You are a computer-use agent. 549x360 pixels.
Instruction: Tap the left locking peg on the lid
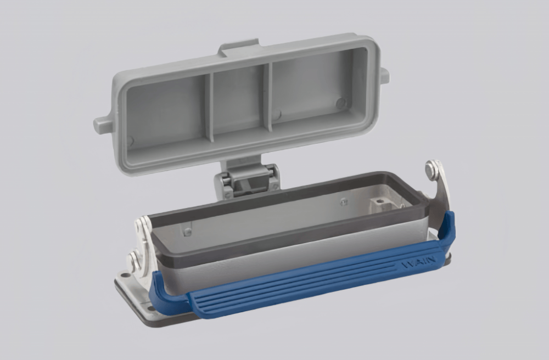point(102,125)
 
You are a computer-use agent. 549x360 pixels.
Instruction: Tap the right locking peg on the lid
point(384,76)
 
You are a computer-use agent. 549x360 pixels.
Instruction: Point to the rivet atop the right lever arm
point(434,170)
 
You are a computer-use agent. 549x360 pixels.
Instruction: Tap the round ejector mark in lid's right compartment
point(340,103)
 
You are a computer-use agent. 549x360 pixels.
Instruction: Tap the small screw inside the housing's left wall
point(188,232)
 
